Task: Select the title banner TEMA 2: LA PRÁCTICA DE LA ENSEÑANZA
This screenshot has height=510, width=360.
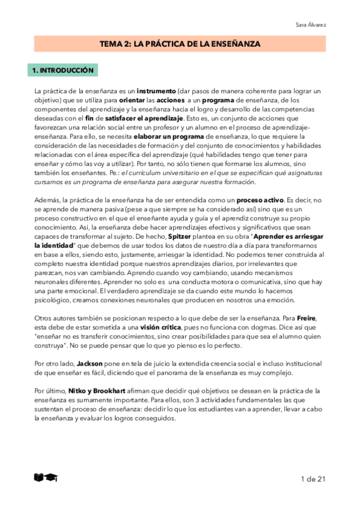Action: [x=180, y=44]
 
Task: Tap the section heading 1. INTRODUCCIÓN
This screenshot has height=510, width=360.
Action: [x=63, y=71]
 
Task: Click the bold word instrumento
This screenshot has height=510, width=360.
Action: [x=157, y=91]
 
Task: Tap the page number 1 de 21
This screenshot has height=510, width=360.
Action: [x=313, y=479]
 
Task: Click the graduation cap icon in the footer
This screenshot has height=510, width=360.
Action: [x=52, y=478]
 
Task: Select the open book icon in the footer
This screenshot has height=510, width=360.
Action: [x=39, y=478]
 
